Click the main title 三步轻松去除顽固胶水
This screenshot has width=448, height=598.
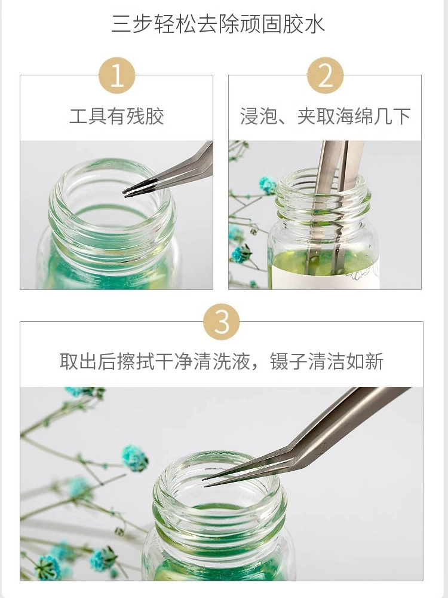218,24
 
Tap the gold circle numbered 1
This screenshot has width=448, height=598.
117,75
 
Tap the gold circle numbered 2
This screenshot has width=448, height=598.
325,75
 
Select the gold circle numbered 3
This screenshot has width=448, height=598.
222,322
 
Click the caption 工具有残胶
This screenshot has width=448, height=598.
116,116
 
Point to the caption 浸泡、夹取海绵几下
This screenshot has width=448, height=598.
325,116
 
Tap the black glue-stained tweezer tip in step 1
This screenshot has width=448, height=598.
130,191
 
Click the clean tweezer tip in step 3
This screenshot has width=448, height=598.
205,482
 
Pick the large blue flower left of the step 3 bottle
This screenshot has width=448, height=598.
135,457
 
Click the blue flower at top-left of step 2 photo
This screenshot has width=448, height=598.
268,185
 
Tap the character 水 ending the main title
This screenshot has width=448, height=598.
315,24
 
